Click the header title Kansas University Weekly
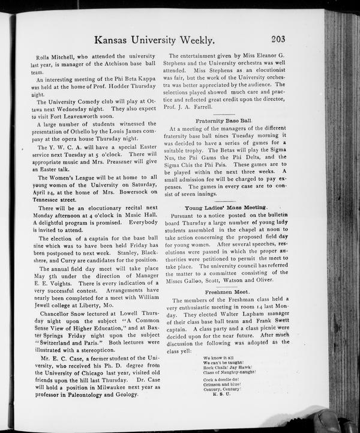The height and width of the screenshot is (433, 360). point(155,41)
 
